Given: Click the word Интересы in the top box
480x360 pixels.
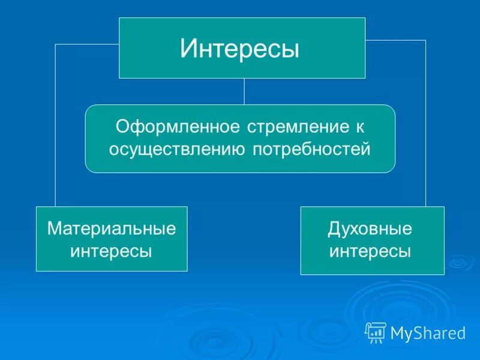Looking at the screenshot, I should pyautogui.click(x=240, y=49).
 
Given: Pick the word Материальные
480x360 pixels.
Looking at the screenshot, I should pyautogui.click(x=112, y=229).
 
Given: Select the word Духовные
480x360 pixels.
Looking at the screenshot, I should pyautogui.click(x=370, y=229).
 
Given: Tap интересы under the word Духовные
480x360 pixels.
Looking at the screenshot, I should pyautogui.click(x=370, y=251).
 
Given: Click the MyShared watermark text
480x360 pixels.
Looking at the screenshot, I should pyautogui.click(x=428, y=332).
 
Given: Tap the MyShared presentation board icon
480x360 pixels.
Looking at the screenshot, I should pyautogui.click(x=376, y=332).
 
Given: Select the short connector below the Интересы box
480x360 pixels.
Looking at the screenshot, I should pyautogui.click(x=244, y=91).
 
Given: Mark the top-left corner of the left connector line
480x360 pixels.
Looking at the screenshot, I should pyautogui.click(x=56, y=44).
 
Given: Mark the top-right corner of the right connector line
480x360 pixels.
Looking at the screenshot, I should pyautogui.click(x=425, y=40).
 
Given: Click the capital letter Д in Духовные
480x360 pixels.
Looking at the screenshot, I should pyautogui.click(x=334, y=229).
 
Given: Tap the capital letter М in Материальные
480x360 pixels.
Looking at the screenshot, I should pyautogui.click(x=55, y=229).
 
